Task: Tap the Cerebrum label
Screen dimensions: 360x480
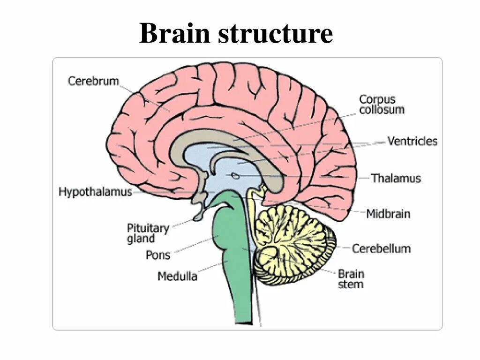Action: [x=93, y=81]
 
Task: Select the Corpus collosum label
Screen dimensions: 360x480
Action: [x=381, y=105]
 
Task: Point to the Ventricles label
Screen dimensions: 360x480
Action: [x=412, y=141]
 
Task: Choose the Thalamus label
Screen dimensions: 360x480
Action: [x=396, y=179]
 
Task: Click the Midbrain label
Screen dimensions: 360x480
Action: [x=388, y=214]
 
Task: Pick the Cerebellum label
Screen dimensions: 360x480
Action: [x=381, y=248]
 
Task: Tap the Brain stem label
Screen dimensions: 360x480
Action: [x=351, y=279]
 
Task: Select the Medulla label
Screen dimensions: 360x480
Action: [x=177, y=276]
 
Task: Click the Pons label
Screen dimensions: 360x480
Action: [x=158, y=255]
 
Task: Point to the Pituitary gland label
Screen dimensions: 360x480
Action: [x=148, y=233]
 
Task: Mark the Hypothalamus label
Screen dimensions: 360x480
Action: [x=95, y=192]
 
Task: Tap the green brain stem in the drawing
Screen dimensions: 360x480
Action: [x=232, y=262]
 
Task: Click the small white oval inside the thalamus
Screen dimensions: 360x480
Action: [x=236, y=176]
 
